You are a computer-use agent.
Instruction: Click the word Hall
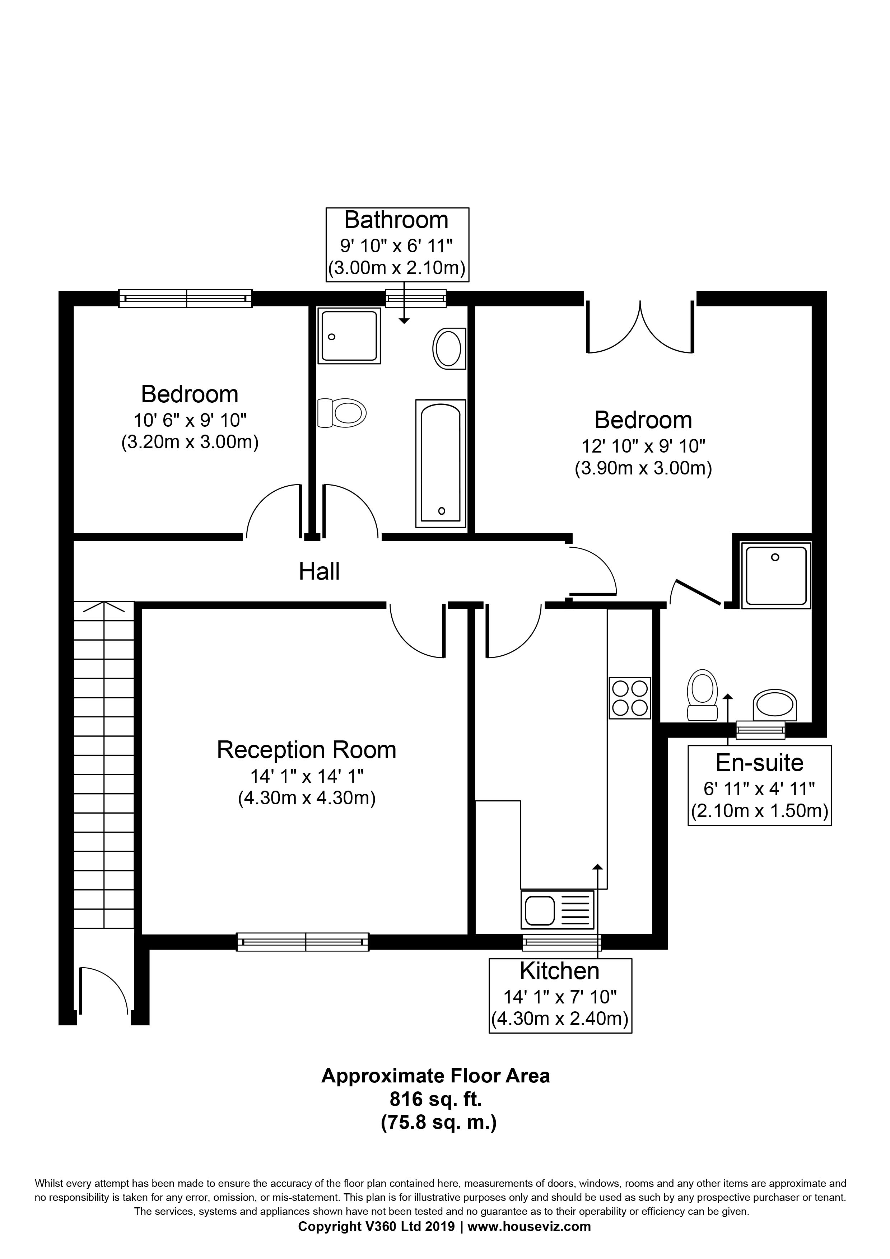pyautogui.click(x=319, y=572)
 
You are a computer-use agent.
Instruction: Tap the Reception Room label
pyautogui.click(x=307, y=750)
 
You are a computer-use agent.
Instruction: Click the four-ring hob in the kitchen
pyautogui.click(x=629, y=698)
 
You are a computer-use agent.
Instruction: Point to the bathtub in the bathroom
pyautogui.click(x=441, y=463)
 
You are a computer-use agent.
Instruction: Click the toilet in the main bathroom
pyautogui.click(x=342, y=412)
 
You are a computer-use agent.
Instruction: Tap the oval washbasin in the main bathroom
pyautogui.click(x=449, y=349)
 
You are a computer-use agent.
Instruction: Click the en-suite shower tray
pyautogui.click(x=775, y=575)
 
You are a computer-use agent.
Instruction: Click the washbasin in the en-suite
pyautogui.click(x=774, y=705)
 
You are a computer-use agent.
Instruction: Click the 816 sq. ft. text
pyautogui.click(x=435, y=1099)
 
